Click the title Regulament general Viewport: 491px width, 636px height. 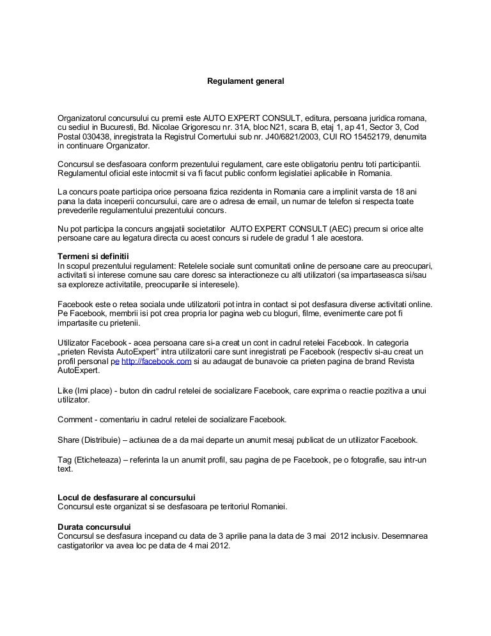click(245, 82)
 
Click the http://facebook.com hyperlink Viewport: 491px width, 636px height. click(157, 362)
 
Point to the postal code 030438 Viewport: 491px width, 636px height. click(96, 138)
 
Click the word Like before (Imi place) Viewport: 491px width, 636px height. click(66, 390)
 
